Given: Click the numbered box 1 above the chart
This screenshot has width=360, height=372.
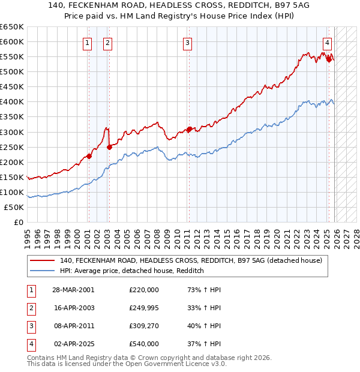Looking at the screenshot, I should [88, 43].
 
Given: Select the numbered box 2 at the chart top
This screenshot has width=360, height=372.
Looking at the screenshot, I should [107, 43].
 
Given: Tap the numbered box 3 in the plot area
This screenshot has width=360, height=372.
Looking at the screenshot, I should [187, 43].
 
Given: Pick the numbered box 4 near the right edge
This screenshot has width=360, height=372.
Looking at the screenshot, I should [327, 43].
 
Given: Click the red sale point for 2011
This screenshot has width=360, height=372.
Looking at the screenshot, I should [189, 129].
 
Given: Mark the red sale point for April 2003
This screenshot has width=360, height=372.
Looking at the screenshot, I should [109, 147].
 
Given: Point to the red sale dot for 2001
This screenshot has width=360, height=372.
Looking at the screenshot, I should [89, 156].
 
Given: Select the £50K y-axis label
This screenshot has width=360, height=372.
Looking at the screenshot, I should [14, 207].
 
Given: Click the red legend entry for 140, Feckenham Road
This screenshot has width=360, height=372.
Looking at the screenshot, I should [191, 260].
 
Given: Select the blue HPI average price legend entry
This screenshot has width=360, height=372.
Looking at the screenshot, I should [132, 271].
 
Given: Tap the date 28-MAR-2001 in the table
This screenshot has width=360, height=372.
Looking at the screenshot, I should [73, 290].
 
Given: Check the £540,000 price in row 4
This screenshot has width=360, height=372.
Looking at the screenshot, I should [144, 344].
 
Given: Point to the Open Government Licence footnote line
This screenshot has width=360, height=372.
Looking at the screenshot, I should [127, 364].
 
